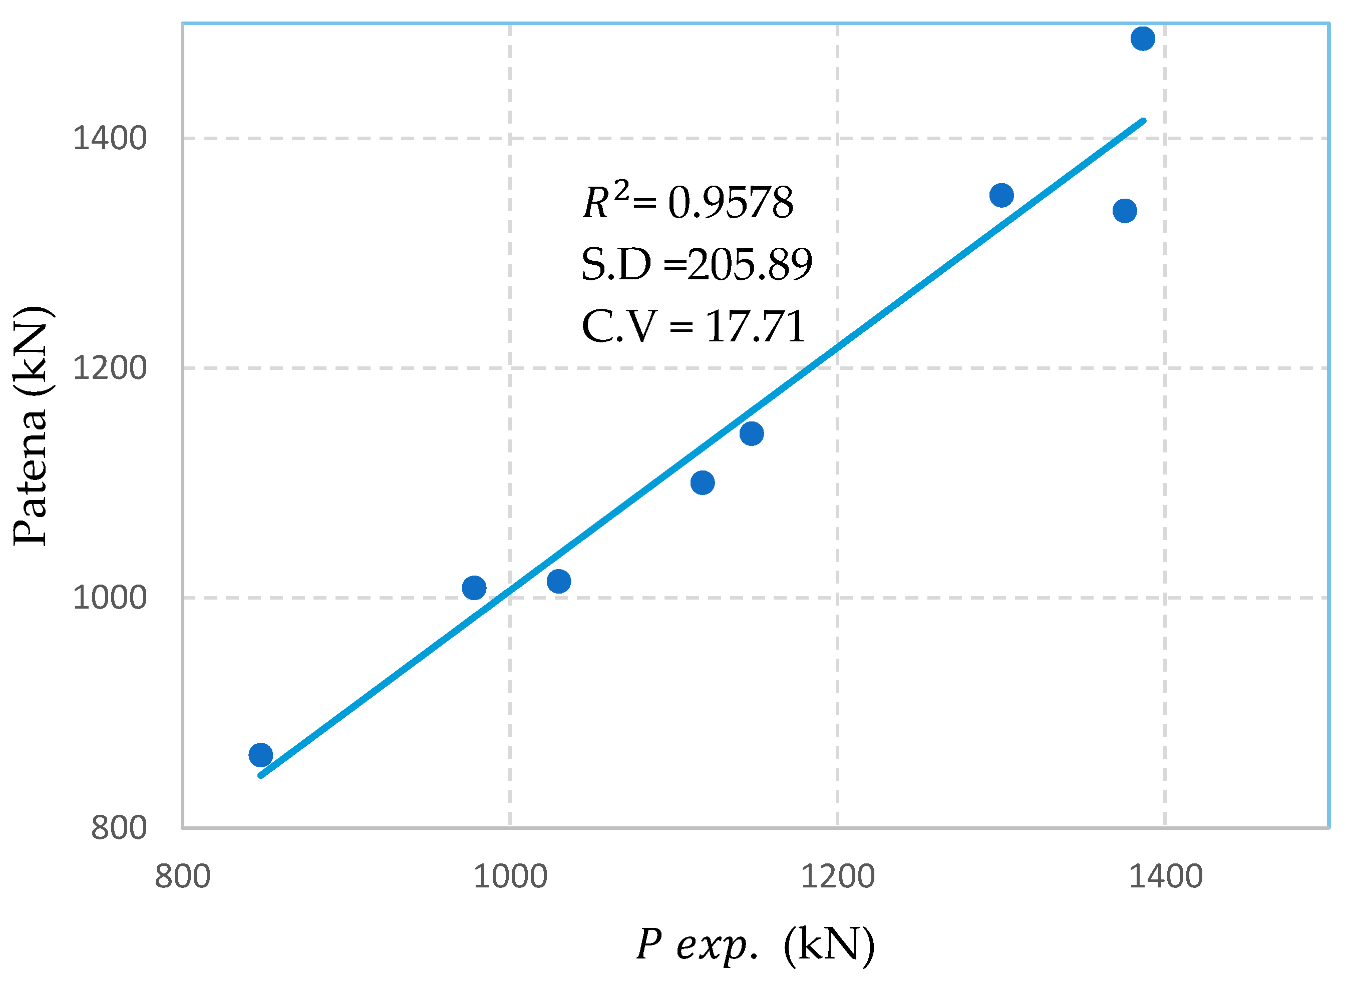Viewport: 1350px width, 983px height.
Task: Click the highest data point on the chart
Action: tap(1143, 39)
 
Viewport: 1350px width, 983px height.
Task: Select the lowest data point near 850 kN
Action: tap(261, 755)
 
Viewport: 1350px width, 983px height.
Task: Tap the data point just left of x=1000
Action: tap(474, 588)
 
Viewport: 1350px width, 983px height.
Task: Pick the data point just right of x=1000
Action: tap(559, 582)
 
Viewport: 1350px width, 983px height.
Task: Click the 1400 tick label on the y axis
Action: tap(110, 139)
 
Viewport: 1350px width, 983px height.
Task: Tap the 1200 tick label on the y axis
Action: tap(110, 368)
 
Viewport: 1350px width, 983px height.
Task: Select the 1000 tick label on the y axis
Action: tap(110, 598)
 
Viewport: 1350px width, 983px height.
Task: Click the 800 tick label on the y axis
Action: tap(119, 828)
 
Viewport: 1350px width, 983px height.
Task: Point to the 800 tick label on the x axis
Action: tap(183, 877)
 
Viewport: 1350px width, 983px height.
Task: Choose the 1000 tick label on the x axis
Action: tap(510, 877)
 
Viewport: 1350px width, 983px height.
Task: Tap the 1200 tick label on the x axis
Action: tap(838, 877)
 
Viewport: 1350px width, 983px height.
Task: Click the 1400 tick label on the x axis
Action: tap(1165, 877)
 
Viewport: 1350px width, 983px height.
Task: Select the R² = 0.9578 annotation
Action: tap(688, 201)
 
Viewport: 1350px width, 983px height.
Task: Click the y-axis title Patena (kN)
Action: tap(31, 426)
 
